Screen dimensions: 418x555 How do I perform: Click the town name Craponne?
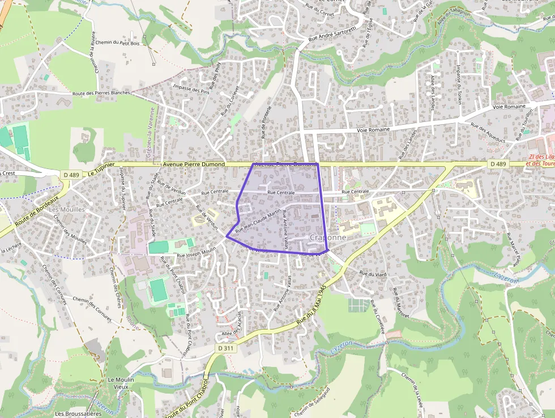pyautogui.click(x=328, y=238)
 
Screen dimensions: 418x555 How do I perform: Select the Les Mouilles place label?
pyautogui.click(x=67, y=209)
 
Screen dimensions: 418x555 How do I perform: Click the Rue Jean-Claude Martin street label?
pyautogui.click(x=258, y=221)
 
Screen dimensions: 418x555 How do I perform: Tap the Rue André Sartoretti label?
pyautogui.click(x=332, y=34)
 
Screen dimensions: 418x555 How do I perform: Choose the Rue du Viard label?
pyautogui.click(x=373, y=275)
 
